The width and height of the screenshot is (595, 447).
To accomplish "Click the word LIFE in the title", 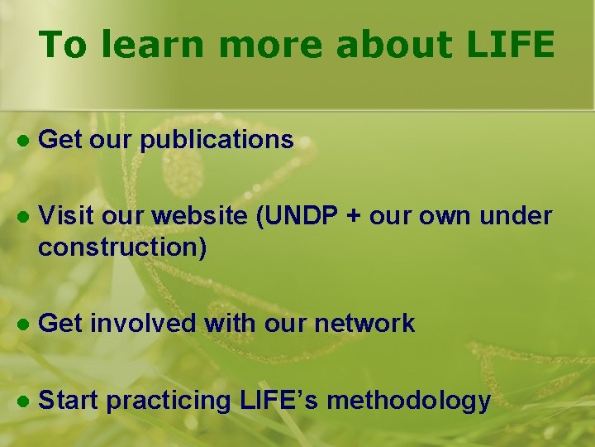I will (511, 45).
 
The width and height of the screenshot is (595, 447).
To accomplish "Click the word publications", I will (217, 140).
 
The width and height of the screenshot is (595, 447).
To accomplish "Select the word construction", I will (122, 247).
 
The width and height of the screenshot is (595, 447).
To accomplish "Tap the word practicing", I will (169, 401).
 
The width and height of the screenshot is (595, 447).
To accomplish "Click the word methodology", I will (412, 401).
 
